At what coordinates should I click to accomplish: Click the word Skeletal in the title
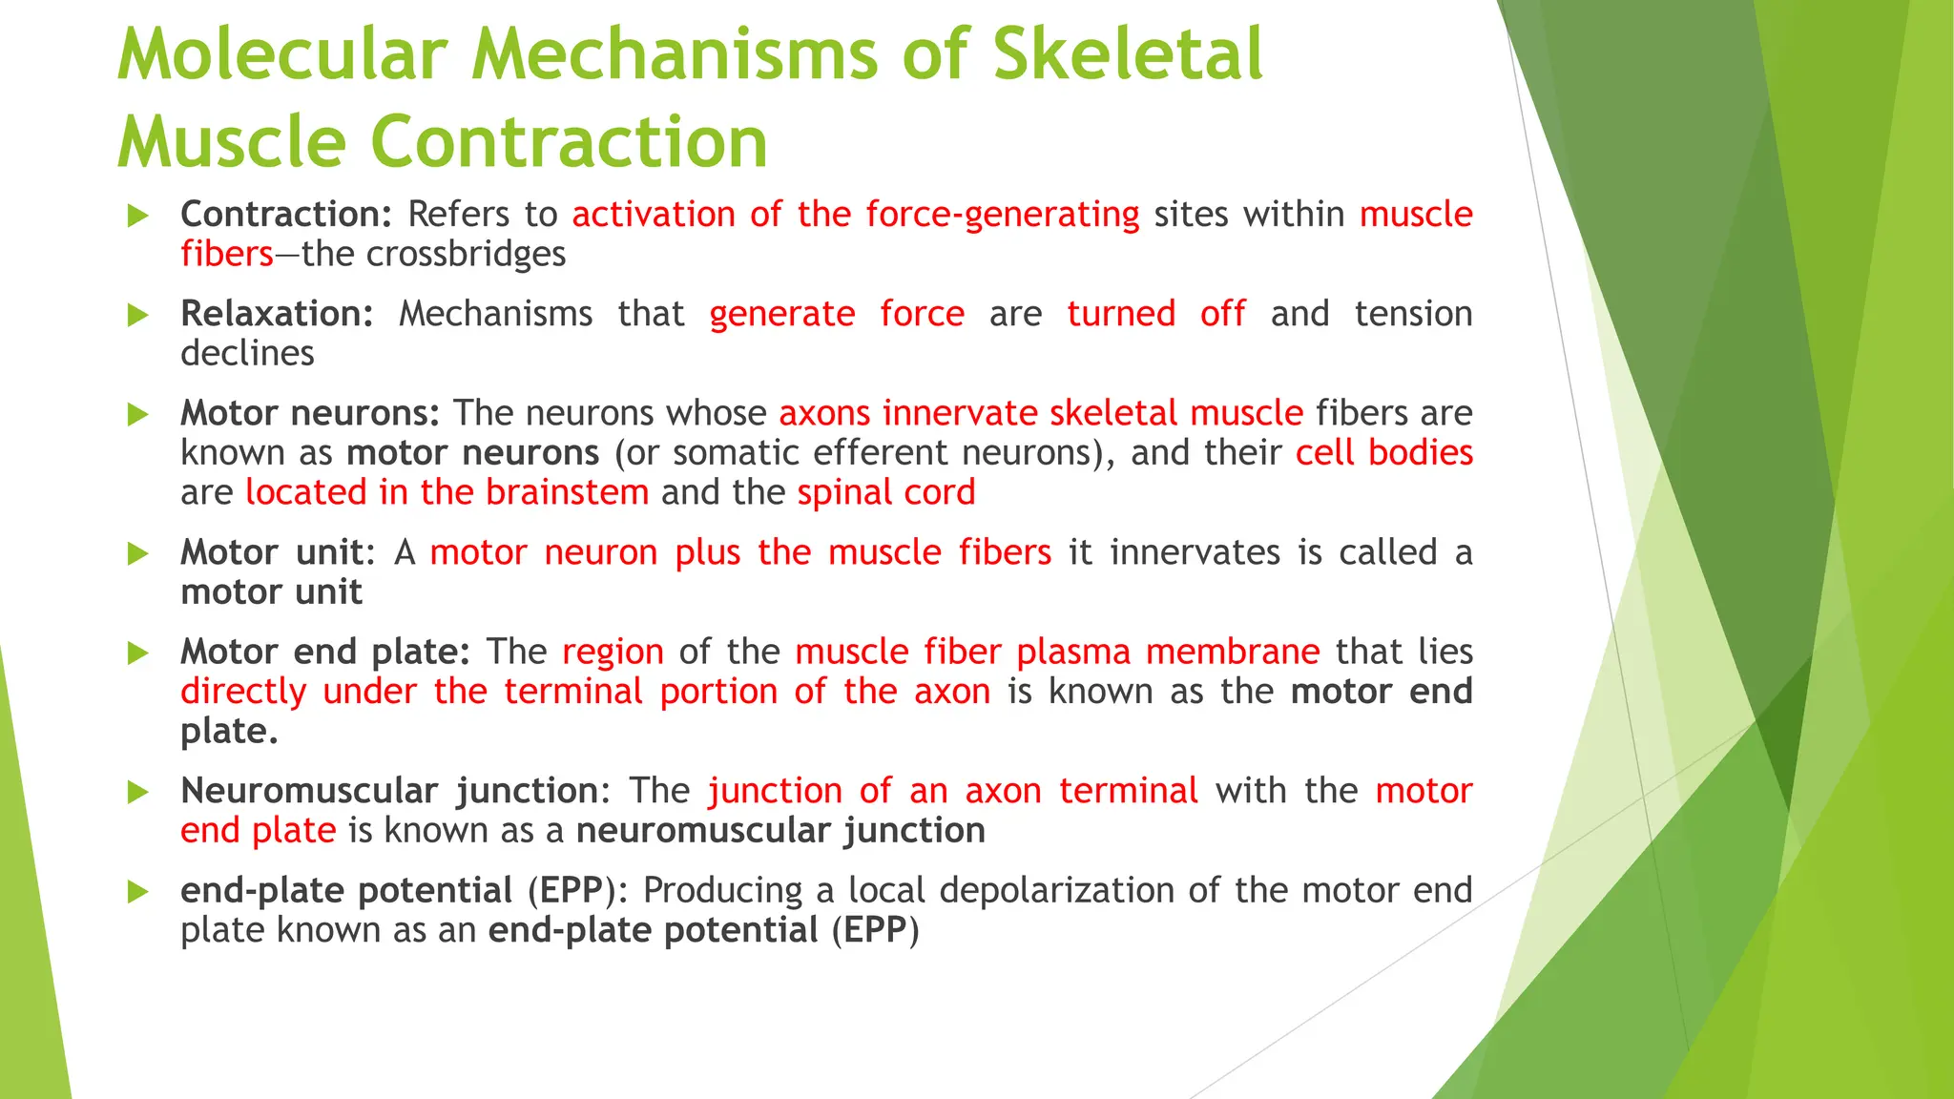point(1127,54)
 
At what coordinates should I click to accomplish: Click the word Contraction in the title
point(568,142)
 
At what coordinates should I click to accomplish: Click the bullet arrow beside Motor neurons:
point(138,414)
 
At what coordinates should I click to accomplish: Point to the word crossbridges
point(467,255)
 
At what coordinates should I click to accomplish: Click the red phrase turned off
point(1155,314)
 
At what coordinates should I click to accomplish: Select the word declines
point(247,354)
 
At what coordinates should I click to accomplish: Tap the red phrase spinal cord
point(886,493)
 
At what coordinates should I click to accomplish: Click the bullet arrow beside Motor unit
point(138,553)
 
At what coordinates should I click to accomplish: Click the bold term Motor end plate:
point(325,653)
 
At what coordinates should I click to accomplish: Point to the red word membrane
point(1233,653)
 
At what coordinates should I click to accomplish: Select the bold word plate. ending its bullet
point(229,732)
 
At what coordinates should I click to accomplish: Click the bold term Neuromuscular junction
point(389,792)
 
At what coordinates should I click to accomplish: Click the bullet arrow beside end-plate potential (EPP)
point(138,892)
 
